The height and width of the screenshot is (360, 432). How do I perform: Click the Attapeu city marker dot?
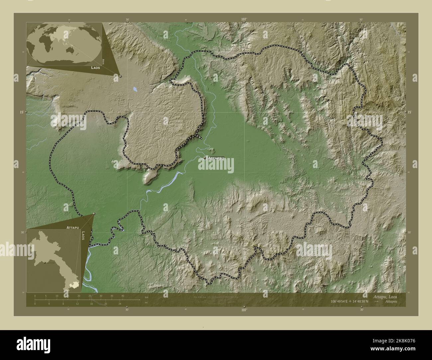(205, 158)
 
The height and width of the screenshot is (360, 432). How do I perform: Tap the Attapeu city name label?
(216, 158)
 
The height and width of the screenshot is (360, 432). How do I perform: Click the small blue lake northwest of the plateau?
(135, 89)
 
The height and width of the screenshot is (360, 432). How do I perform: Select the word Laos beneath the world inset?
(96, 67)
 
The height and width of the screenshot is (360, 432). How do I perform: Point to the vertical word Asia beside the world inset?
(104, 61)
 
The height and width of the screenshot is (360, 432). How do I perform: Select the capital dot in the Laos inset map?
(44, 263)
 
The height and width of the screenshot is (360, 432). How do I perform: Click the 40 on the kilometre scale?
(123, 296)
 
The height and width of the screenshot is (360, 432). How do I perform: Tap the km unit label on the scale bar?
(146, 297)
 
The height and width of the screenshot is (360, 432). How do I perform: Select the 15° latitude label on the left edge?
(22, 112)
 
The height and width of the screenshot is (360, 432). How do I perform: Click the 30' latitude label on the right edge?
(409, 232)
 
